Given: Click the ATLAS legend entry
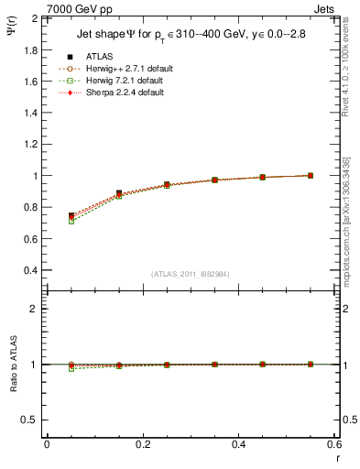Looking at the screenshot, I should [x=99, y=57].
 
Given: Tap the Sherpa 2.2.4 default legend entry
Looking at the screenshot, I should [x=120, y=93].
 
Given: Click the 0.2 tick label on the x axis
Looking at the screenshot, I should [x=142, y=444].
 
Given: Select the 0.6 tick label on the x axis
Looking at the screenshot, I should [x=334, y=444].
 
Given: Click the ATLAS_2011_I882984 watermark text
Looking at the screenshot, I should [x=190, y=275].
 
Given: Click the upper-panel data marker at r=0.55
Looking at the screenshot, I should [x=311, y=175].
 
